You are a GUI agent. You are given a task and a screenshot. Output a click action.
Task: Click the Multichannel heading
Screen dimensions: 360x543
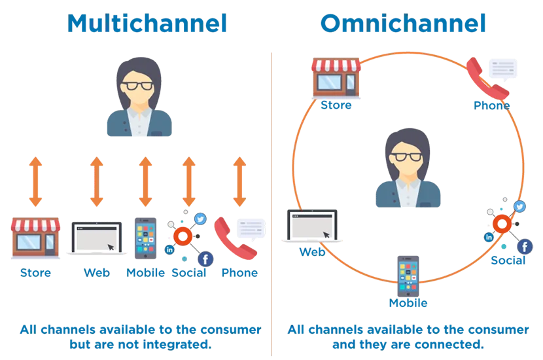point(148,24)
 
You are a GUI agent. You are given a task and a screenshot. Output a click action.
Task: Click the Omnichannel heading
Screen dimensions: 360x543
point(403,24)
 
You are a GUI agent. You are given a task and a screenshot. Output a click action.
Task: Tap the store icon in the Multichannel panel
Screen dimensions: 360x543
point(36,238)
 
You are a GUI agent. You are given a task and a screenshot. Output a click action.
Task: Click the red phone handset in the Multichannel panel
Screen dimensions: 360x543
point(235,240)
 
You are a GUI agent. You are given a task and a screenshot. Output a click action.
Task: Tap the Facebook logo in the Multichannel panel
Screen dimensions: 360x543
point(205,259)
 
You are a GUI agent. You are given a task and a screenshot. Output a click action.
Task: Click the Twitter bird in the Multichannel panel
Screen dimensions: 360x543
point(200,219)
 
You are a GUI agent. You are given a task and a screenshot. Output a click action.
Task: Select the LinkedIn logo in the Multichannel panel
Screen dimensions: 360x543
point(170,249)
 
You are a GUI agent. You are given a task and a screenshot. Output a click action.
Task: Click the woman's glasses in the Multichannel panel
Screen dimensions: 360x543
point(139,85)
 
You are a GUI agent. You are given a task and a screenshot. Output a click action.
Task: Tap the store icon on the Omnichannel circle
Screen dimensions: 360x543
point(334,77)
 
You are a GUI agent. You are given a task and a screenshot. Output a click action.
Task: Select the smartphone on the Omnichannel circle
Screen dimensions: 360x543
point(408,276)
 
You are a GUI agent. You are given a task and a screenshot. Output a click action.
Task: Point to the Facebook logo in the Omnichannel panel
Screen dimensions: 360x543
point(524,246)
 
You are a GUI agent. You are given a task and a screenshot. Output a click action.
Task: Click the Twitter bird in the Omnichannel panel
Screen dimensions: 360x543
point(520,207)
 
